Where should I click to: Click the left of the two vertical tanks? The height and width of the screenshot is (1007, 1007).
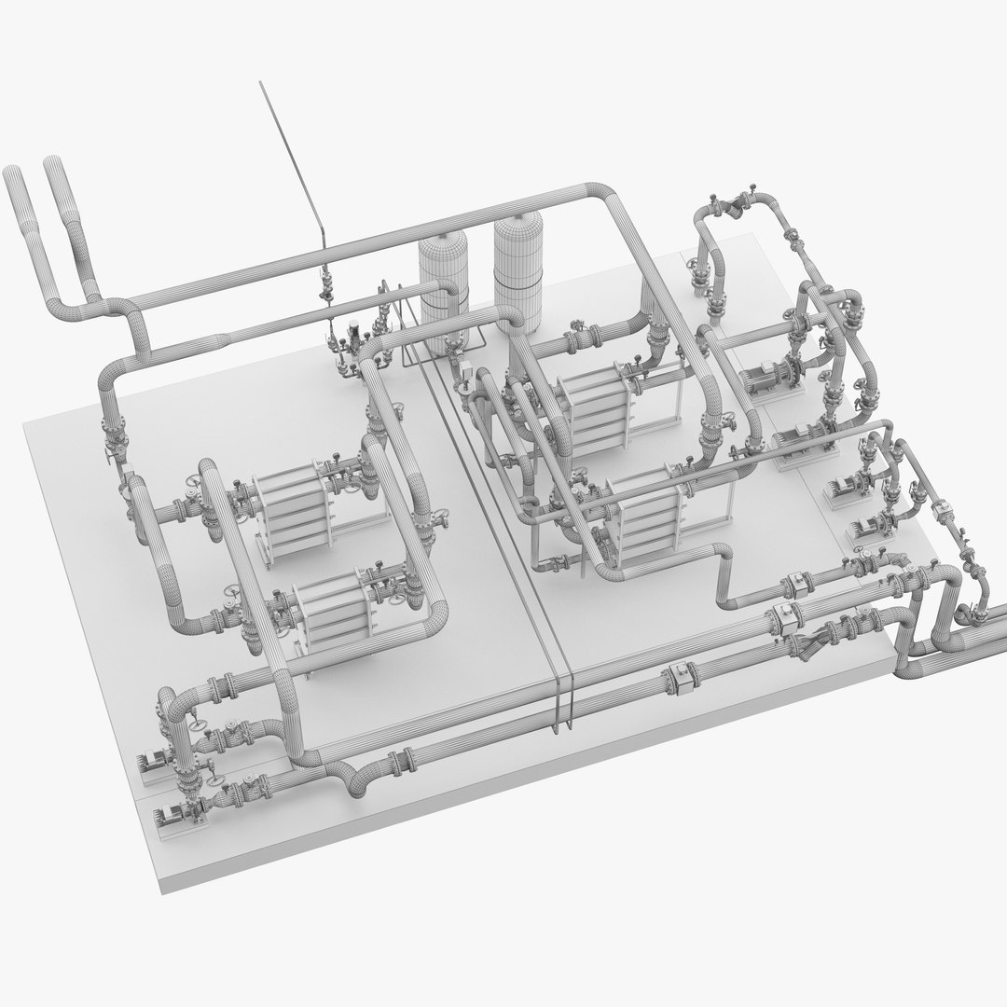tap(443, 280)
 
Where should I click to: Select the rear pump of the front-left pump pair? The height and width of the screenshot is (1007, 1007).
tap(154, 760)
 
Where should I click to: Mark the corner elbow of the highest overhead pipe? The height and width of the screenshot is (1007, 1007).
tap(607, 195)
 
